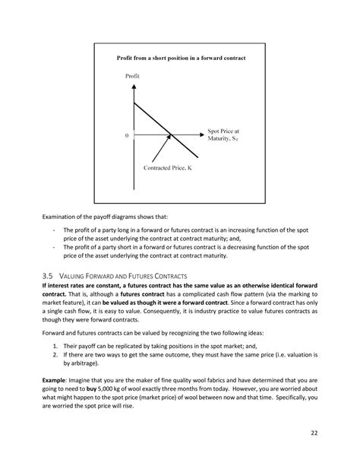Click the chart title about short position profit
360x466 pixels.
181,58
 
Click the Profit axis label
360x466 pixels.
133,76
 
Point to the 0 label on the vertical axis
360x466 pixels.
128,136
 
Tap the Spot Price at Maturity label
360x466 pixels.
227,135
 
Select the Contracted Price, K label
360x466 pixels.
169,167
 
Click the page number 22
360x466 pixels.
313,433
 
